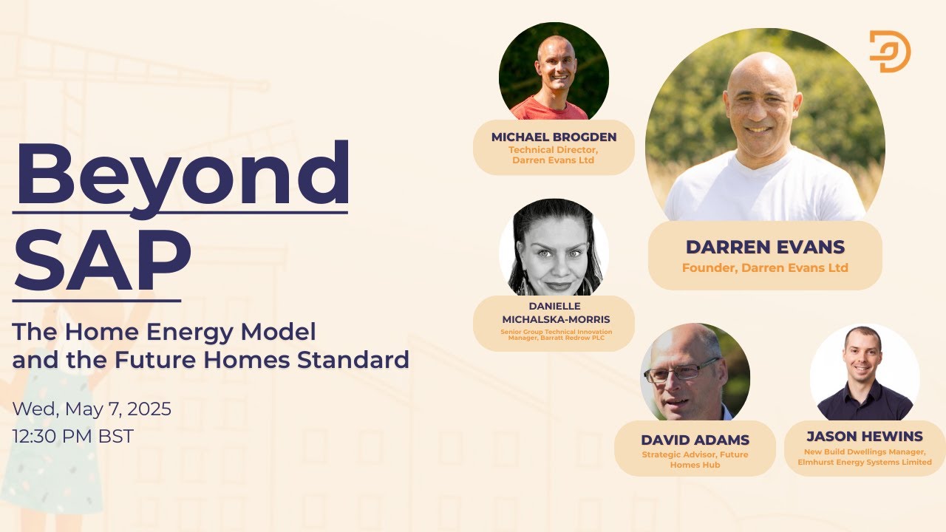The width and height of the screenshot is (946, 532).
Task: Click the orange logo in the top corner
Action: click(889, 51)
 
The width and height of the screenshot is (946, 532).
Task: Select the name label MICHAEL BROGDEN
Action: click(554, 137)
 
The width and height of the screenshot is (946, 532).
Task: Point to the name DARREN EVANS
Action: click(765, 247)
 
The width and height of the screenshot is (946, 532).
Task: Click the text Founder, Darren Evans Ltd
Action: click(765, 267)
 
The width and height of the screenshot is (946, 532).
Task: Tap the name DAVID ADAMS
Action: click(695, 440)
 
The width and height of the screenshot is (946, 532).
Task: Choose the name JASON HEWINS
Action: click(865, 437)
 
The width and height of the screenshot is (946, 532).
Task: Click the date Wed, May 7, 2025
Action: click(92, 409)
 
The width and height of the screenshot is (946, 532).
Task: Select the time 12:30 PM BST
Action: click(73, 436)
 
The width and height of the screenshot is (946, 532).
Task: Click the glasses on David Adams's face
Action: click(681, 371)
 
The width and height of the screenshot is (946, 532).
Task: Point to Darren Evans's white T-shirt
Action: click(764, 189)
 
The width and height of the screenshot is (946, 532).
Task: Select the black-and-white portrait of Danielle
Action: click(554, 248)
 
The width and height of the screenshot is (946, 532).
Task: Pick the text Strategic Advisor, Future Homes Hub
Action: click(695, 460)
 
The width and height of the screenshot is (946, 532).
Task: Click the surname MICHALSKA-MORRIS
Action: click(554, 319)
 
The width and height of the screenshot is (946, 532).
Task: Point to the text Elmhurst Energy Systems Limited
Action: click(865, 462)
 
